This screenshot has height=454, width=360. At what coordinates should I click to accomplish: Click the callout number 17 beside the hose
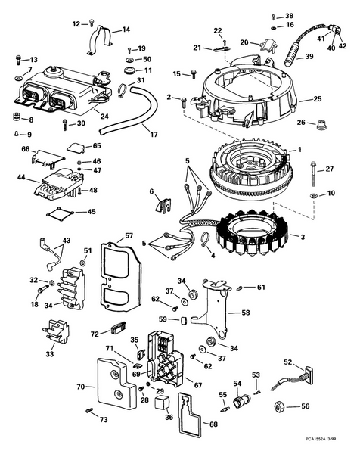154,135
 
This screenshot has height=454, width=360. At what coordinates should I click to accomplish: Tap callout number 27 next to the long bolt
330,169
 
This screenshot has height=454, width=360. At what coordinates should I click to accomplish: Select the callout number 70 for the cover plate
81,387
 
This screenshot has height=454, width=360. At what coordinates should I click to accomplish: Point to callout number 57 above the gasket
129,236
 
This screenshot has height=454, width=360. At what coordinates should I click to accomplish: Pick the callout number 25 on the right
317,99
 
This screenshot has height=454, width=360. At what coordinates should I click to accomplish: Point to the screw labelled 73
89,410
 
